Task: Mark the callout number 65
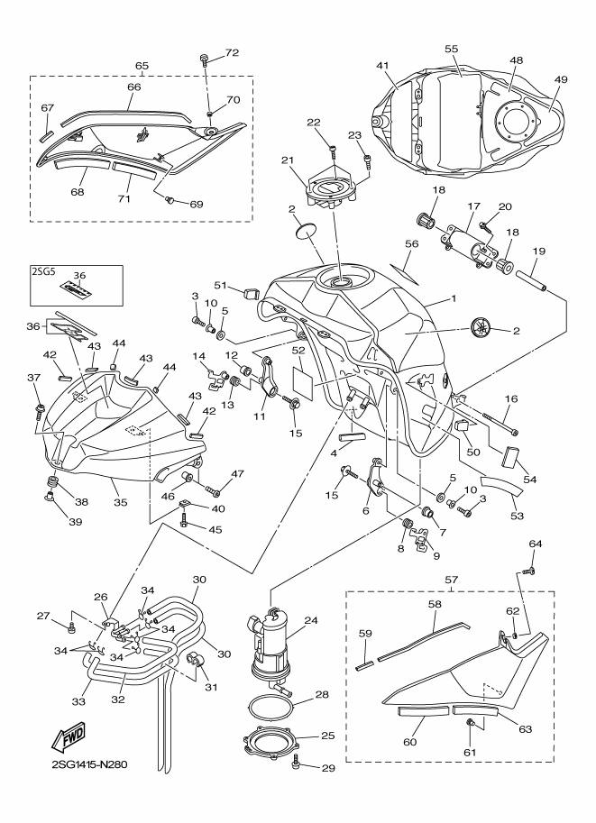(x=142, y=66)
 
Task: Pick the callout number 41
(x=382, y=66)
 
